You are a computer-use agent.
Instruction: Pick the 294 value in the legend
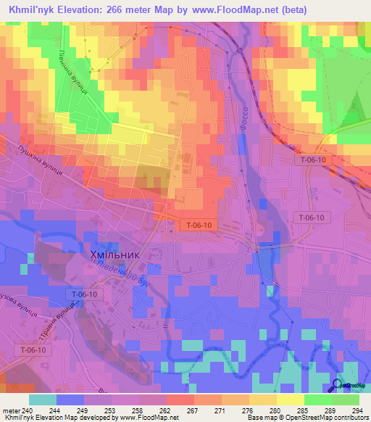pyautogui.click(x=358, y=410)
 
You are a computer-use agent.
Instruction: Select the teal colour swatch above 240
pyautogui.click(x=43, y=399)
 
